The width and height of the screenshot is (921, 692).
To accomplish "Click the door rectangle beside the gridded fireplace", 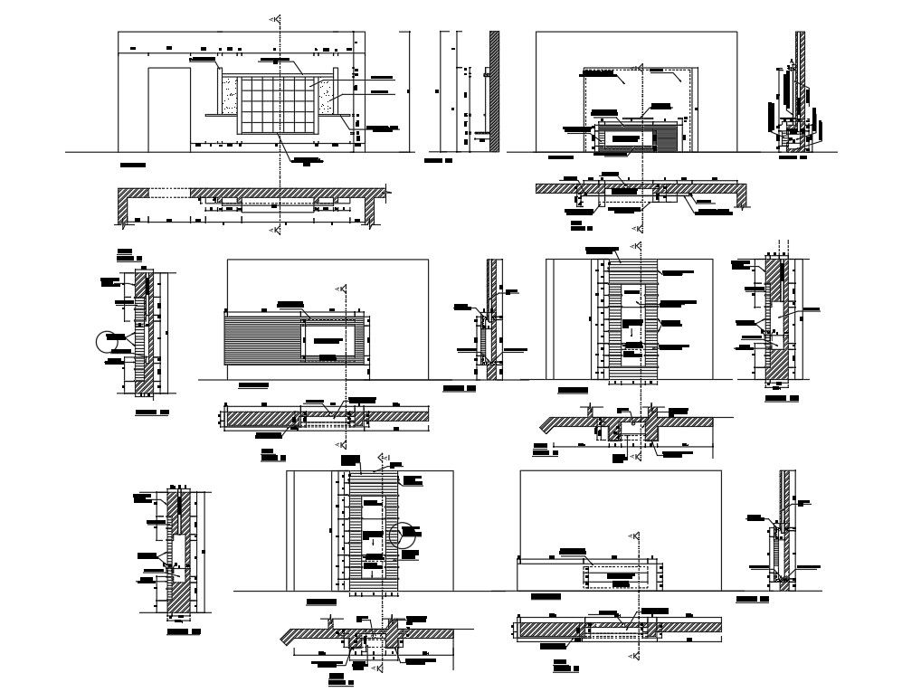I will (168, 107).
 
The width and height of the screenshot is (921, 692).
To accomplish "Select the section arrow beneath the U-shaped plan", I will (275, 232).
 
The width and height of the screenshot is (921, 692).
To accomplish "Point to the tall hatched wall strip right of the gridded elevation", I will (494, 90).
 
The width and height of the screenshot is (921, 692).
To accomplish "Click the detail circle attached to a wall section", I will (108, 341).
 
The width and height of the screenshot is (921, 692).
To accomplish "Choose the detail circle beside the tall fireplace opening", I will (407, 534).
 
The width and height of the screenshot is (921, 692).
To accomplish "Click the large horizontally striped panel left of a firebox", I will (263, 337).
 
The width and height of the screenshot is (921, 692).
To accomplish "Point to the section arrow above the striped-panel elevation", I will (341, 289).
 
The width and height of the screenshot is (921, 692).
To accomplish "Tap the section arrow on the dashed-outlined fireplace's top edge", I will (640, 68).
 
